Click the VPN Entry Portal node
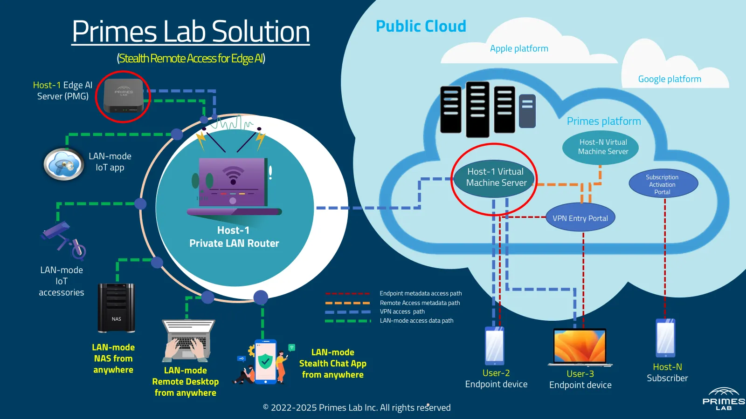(x=580, y=218)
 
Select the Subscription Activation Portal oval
(x=663, y=184)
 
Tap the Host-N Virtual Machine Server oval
(x=601, y=147)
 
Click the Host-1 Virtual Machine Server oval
(x=495, y=177)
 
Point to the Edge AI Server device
(x=123, y=96)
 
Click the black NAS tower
(x=116, y=307)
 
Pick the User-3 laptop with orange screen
(x=580, y=347)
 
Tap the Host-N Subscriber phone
(x=665, y=338)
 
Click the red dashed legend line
(x=347, y=294)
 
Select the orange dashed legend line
(x=347, y=303)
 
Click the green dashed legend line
(x=347, y=321)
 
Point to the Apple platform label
(x=519, y=48)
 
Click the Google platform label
(x=670, y=79)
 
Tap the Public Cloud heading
(x=421, y=26)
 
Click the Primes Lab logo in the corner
(x=723, y=399)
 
